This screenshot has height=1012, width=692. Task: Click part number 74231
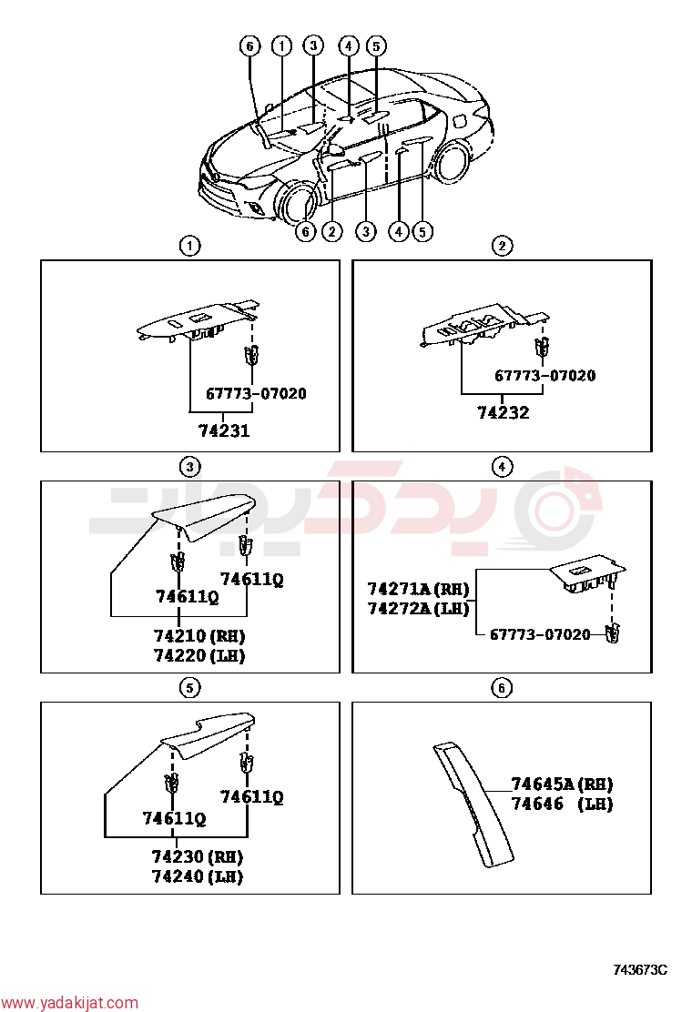point(224,430)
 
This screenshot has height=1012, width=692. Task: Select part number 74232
point(504,412)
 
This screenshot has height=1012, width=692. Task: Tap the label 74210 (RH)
point(199,636)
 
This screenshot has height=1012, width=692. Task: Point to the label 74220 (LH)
point(199,656)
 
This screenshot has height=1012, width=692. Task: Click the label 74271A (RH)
point(418,589)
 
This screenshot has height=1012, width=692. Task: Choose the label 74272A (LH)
point(418,608)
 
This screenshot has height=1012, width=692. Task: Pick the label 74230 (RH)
point(198,856)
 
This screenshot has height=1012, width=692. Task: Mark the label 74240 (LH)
point(198,876)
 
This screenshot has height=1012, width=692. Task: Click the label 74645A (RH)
point(563,784)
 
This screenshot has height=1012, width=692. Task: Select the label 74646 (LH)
point(563,805)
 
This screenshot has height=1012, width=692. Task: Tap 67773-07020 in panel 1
point(256,394)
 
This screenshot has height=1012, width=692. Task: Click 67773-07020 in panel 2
point(545,376)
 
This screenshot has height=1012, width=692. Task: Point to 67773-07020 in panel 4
point(540,634)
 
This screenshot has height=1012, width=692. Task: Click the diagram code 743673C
point(640,969)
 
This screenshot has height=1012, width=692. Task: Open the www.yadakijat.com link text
point(69,1003)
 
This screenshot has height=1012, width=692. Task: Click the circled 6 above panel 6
point(502,688)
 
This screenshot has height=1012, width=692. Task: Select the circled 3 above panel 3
point(189,467)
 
